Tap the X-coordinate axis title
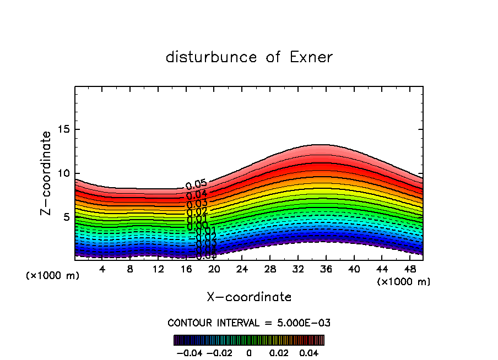(x=249, y=297)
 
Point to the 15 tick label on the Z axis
(x=64, y=129)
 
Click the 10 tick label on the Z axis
(x=64, y=173)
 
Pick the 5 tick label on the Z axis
(x=67, y=217)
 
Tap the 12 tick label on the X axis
(x=158, y=269)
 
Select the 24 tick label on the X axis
(x=242, y=269)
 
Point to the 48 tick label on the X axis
(x=409, y=269)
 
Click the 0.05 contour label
(x=196, y=185)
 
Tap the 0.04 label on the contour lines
(x=197, y=194)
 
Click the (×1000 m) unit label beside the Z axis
(x=53, y=275)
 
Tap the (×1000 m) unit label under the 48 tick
(x=404, y=281)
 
